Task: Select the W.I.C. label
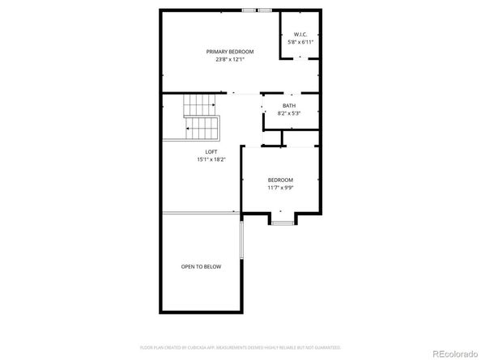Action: tap(300, 34)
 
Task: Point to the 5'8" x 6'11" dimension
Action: tap(300, 41)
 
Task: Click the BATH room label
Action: tap(289, 106)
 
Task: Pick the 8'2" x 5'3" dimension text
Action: tap(289, 113)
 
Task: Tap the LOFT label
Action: tap(211, 151)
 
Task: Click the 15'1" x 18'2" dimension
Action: tap(211, 159)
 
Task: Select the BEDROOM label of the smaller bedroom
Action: tap(280, 180)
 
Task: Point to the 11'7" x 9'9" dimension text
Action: tap(280, 188)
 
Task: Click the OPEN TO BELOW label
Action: tap(201, 266)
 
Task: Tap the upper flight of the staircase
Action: tap(197, 104)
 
